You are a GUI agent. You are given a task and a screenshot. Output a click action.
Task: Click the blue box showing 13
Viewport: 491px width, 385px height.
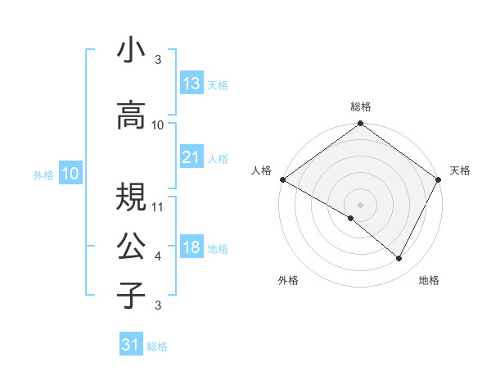click(x=191, y=84)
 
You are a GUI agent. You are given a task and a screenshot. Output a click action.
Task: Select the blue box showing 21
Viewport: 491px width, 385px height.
click(x=191, y=158)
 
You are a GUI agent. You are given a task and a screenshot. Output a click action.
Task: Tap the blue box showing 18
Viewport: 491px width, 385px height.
click(x=191, y=248)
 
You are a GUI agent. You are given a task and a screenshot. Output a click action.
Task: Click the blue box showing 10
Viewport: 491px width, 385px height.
click(x=70, y=174)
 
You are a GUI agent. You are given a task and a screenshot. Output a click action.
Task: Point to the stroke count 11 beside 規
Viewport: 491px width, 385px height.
click(x=159, y=207)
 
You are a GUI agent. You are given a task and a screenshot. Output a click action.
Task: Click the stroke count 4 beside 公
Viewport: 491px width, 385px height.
click(x=158, y=256)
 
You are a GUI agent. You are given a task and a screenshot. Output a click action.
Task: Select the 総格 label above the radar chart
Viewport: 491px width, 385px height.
click(x=361, y=106)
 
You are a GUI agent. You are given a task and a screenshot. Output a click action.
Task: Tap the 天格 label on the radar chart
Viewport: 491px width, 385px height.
click(x=461, y=170)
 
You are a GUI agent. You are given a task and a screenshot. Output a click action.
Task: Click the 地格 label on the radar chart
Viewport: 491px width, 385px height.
click(x=429, y=280)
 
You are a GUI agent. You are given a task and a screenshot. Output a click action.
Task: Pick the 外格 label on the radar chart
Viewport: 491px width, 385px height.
click(x=288, y=280)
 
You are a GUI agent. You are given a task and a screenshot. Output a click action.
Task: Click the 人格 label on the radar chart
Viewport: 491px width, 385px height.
click(x=262, y=170)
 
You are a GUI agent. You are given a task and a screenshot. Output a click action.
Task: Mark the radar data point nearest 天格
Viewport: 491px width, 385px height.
click(x=439, y=179)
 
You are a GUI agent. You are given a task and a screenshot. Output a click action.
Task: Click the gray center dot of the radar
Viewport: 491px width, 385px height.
click(x=360, y=204)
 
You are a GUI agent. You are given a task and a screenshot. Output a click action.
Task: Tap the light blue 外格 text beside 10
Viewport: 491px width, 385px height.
click(x=43, y=174)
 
